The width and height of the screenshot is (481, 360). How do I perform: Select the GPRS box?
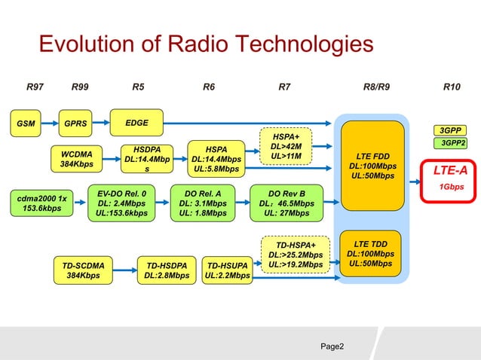pyautogui.click(x=75, y=123)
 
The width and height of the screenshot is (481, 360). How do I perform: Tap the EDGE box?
pyautogui.click(x=136, y=122)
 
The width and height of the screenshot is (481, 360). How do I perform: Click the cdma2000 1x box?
pyautogui.click(x=42, y=203)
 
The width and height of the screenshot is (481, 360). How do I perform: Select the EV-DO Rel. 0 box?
pyautogui.click(x=121, y=203)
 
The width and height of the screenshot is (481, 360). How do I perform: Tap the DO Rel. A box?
pyautogui.click(x=201, y=203)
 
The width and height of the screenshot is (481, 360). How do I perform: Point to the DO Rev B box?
pyautogui.click(x=286, y=203)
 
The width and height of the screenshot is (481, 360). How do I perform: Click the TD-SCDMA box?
pyautogui.click(x=84, y=270)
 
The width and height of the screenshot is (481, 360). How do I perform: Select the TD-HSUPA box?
pyautogui.click(x=227, y=270)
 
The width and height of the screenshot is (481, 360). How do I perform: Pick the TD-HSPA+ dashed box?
pyautogui.click(x=296, y=255)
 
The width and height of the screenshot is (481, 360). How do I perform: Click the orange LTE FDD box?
pyautogui.click(x=373, y=166)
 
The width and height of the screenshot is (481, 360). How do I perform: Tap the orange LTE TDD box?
pyautogui.click(x=372, y=254)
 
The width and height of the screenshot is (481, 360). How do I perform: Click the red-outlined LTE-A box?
pyautogui.click(x=450, y=178)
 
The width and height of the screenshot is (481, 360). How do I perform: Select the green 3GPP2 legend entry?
pyautogui.click(x=452, y=143)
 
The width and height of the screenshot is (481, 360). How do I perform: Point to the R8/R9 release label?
pyautogui.click(x=376, y=87)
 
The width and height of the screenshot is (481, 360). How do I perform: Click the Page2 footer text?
pyautogui.click(x=332, y=346)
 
